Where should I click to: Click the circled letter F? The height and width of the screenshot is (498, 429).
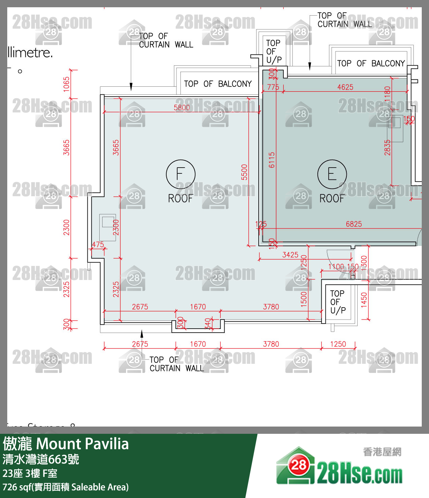point(180,174)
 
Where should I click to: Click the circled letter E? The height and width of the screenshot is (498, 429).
point(332,174)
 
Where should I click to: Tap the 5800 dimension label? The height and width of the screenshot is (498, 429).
point(182,108)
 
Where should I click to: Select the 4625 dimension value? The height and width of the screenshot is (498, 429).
point(345,87)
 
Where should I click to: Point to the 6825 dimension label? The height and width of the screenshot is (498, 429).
point(354,224)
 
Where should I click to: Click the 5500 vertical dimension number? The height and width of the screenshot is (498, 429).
point(245,172)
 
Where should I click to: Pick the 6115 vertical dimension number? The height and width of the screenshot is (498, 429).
point(272,160)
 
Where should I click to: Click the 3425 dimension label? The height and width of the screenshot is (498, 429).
point(290,255)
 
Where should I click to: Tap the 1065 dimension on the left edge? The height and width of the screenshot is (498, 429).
point(66,84)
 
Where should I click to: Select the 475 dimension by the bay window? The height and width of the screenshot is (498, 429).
point(98,244)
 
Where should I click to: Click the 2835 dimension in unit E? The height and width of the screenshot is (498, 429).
point(388,147)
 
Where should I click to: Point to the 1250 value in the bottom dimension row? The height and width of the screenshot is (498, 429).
point(338,344)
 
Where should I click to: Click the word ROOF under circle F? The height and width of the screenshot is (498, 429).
point(180,198)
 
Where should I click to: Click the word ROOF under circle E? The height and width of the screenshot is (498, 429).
point(332,198)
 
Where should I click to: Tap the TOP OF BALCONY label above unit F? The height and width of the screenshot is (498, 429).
point(217,84)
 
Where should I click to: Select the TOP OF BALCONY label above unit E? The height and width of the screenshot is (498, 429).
point(371,63)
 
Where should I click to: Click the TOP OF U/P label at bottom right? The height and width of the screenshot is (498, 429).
point(338,302)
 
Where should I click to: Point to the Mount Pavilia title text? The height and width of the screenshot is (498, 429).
point(83,444)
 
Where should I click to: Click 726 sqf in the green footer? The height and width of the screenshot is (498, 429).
point(17,487)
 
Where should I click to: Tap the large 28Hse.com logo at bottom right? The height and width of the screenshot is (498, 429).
point(340,468)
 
